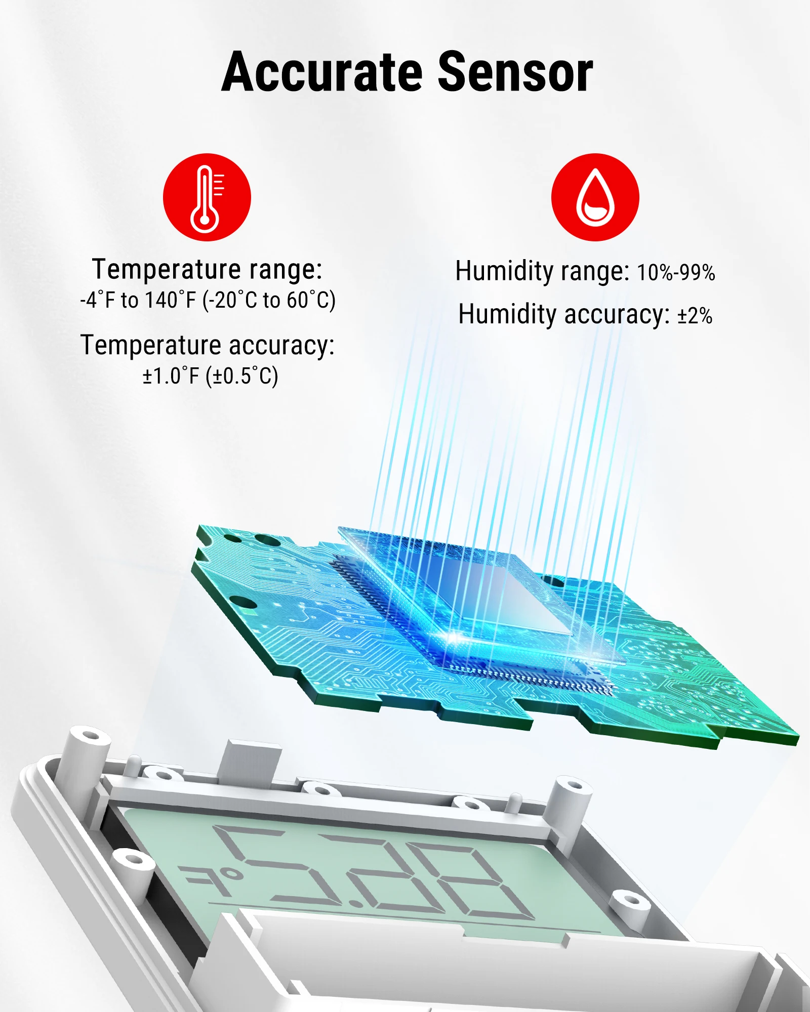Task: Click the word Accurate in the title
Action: pyautogui.click(x=321, y=72)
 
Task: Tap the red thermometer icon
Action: pyautogui.click(x=207, y=197)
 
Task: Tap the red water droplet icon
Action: pyautogui.click(x=595, y=197)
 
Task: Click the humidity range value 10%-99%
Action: pyautogui.click(x=676, y=273)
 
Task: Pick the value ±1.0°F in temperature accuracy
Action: pyautogui.click(x=171, y=376)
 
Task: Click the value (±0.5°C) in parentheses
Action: pyautogui.click(x=242, y=376)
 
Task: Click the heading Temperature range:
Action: pyautogui.click(x=207, y=269)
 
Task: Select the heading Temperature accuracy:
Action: pyautogui.click(x=208, y=346)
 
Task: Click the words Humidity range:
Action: pyautogui.click(x=542, y=272)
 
